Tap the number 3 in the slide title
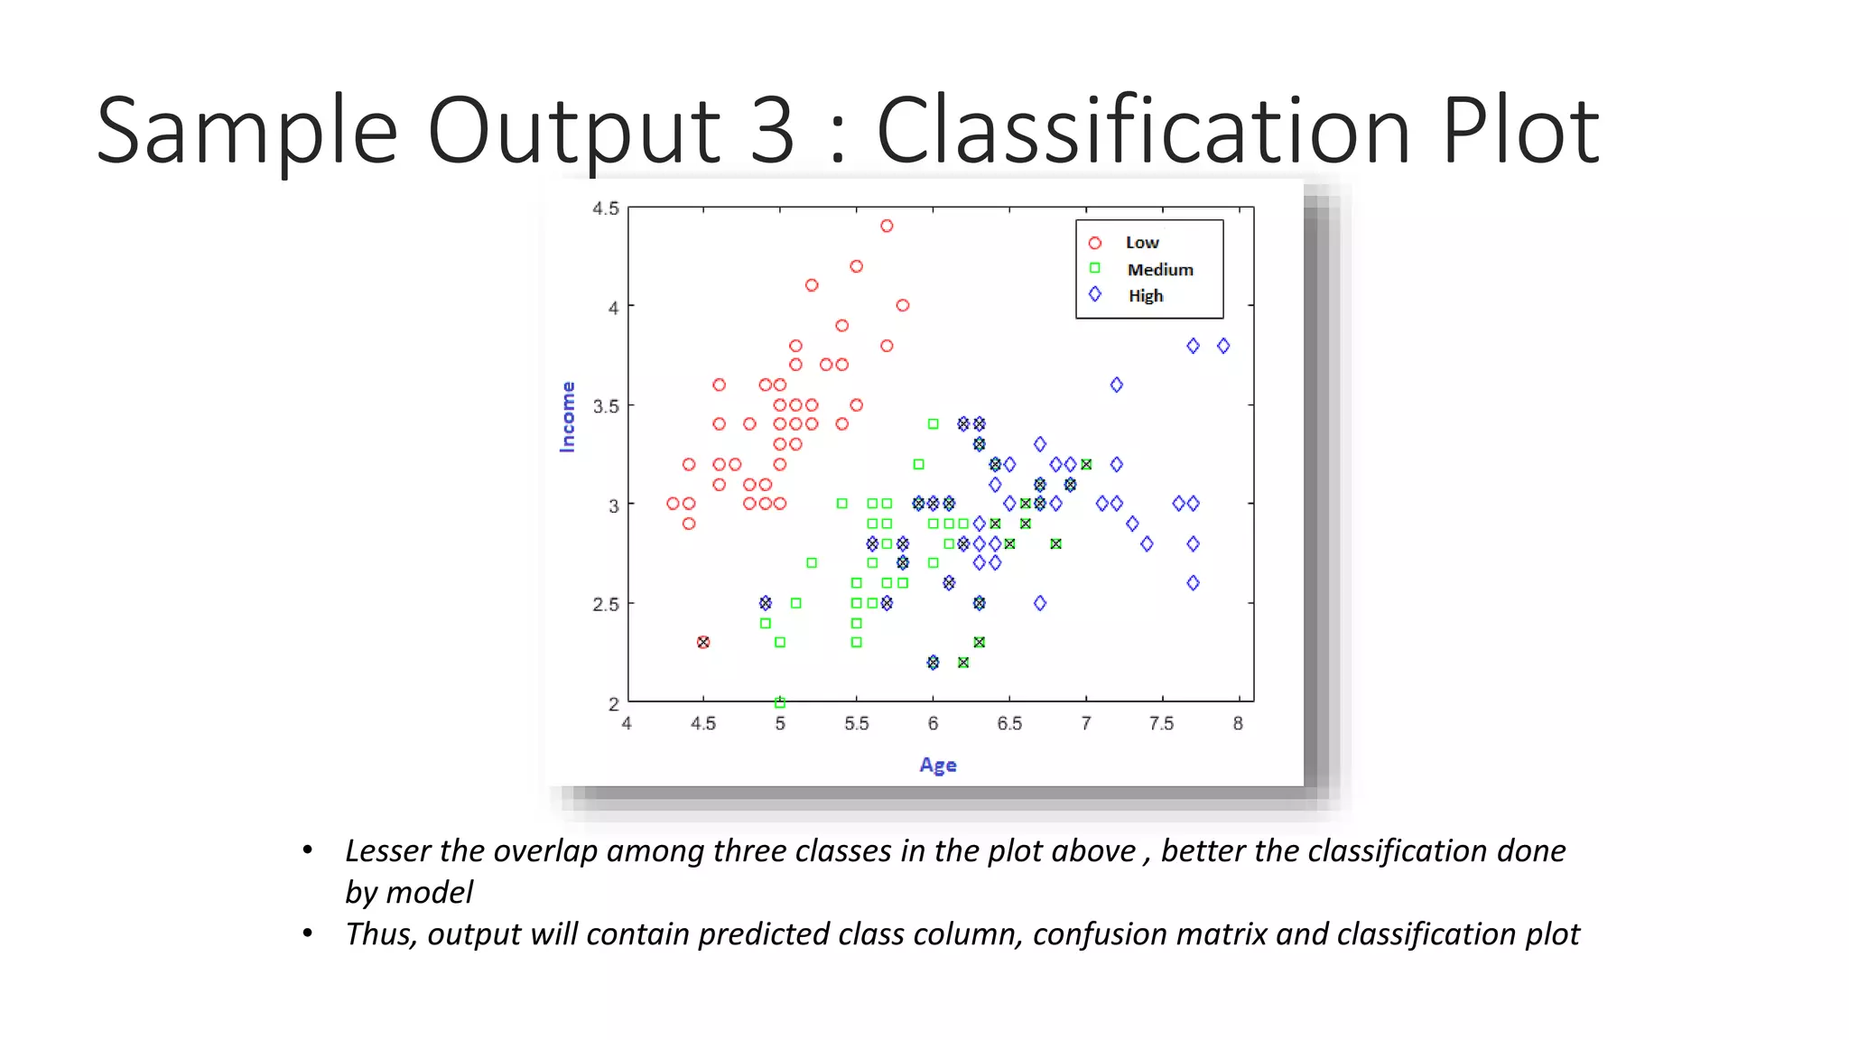pos(772,132)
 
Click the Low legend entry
pos(1141,243)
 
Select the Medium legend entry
pos(1159,270)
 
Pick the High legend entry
pos(1145,296)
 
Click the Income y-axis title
pos(568,416)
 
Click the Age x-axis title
pos(938,766)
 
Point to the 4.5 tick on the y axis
pos(606,209)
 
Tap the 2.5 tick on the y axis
pos(606,604)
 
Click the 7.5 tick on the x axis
pos(1161,724)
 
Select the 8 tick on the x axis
pos(1238,724)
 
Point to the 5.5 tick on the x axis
pos(856,724)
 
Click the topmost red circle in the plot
pos(887,227)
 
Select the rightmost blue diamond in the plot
pos(1223,346)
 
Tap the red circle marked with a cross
pos(703,643)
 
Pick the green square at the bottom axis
pos(780,702)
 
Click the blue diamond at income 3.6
pos(1117,385)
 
